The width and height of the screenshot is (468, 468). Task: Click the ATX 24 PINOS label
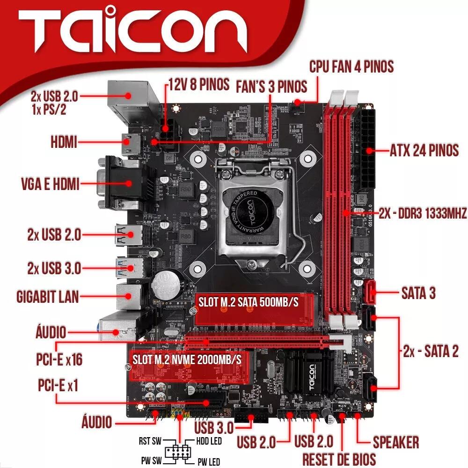pyautogui.click(x=424, y=151)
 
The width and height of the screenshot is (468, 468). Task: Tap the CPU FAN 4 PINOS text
pyautogui.click(x=351, y=66)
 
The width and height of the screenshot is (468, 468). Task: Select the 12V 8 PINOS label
pyautogui.click(x=199, y=85)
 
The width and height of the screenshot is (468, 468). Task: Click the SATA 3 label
pyautogui.click(x=418, y=293)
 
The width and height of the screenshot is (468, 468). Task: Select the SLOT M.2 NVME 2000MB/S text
pyautogui.click(x=187, y=359)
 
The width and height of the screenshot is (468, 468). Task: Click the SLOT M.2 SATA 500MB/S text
pyautogui.click(x=248, y=302)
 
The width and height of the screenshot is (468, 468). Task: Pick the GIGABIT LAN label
pyautogui.click(x=47, y=296)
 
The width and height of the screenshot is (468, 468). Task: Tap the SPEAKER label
pyautogui.click(x=395, y=442)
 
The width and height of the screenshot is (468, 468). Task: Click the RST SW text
pyautogui.click(x=150, y=441)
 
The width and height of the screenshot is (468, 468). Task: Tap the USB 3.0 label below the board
pyautogui.click(x=214, y=427)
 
